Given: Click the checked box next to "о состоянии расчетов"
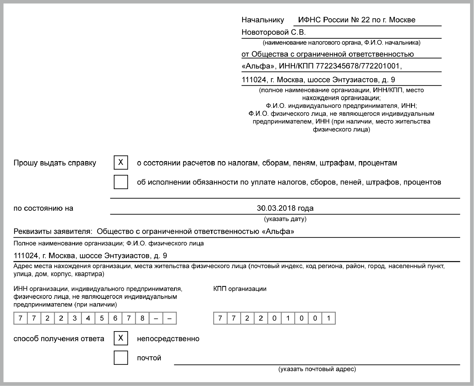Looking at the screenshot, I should click(x=121, y=163).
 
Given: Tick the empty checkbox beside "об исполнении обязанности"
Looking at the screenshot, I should click(x=121, y=182).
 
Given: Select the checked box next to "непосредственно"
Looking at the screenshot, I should click(x=121, y=338).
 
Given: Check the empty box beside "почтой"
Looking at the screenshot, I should click(x=121, y=358).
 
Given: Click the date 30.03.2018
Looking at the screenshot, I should click(x=276, y=208).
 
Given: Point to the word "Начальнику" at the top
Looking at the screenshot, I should click(x=262, y=20).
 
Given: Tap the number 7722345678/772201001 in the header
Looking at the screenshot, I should click(x=357, y=66).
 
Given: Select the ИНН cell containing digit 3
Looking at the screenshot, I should click(x=75, y=318).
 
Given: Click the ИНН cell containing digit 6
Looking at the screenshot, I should click(x=115, y=318).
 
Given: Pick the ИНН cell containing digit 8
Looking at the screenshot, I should click(x=142, y=318).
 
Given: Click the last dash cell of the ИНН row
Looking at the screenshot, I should click(x=169, y=318).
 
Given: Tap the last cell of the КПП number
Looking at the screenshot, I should click(x=329, y=318).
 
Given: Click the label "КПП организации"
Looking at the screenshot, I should click(x=240, y=289).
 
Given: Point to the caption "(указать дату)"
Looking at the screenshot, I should click(x=285, y=219).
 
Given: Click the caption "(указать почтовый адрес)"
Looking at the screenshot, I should click(x=317, y=369).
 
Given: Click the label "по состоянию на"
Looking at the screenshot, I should click(x=43, y=208).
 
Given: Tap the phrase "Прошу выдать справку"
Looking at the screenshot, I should click(x=55, y=163).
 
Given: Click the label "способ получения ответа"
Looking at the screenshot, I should click(x=59, y=339).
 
